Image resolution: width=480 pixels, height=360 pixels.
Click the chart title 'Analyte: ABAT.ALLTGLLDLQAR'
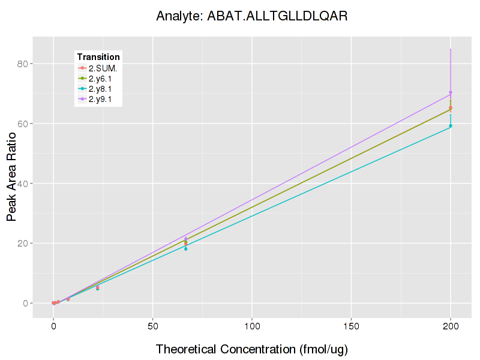(x=251, y=16)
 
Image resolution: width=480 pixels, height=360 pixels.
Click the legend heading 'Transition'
(x=98, y=57)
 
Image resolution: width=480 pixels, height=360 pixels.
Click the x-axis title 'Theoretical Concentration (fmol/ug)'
(x=252, y=349)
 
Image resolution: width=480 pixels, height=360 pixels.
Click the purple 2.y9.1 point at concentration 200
(x=451, y=92)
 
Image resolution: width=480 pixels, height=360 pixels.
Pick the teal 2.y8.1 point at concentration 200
(x=451, y=126)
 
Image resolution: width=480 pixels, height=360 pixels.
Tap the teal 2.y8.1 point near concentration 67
(x=186, y=248)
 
